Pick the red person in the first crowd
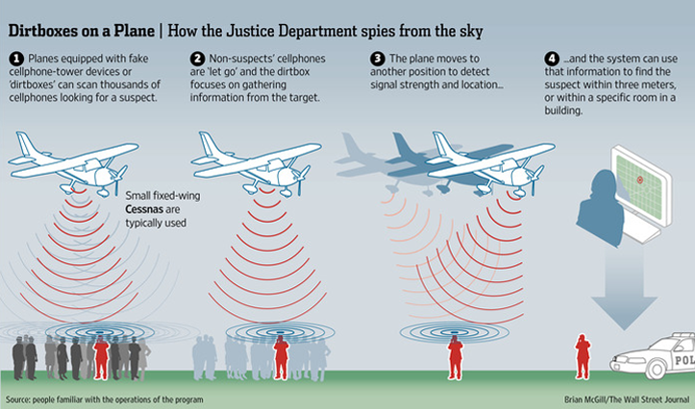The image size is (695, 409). [x=100, y=357]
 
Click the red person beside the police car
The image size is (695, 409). [x=581, y=357]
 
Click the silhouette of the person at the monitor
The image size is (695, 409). [x=601, y=202]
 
